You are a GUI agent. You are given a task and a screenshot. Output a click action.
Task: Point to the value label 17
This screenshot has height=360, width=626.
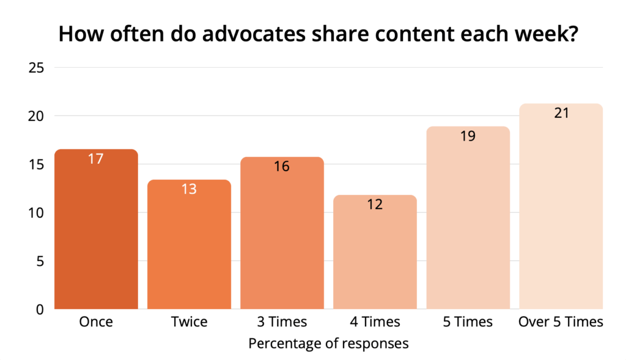coord(96,159)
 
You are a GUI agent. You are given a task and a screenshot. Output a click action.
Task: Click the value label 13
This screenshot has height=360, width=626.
coord(189,189)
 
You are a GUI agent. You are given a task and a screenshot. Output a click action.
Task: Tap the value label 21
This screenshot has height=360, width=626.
coord(561,113)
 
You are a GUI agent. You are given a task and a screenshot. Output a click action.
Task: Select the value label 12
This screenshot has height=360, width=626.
coord(375,204)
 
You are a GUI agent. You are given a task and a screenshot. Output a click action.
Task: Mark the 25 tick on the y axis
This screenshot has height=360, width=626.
coord(36,68)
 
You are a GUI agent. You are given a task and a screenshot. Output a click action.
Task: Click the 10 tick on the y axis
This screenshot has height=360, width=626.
coord(36,213)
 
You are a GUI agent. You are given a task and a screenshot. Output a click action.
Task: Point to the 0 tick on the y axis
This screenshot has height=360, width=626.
coord(40,310)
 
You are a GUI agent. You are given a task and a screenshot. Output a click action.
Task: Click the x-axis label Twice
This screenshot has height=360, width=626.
coord(189,322)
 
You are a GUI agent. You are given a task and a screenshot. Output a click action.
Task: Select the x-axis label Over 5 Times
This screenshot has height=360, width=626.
coord(561,322)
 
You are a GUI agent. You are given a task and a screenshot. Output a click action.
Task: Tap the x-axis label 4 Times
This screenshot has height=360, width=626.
coord(375,322)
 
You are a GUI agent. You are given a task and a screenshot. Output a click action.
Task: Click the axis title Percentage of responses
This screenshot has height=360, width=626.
coord(328,343)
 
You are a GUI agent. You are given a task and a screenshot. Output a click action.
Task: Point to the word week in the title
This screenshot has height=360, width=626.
coord(545,35)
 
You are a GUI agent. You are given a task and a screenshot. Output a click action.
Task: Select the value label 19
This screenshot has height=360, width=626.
coord(468,136)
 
